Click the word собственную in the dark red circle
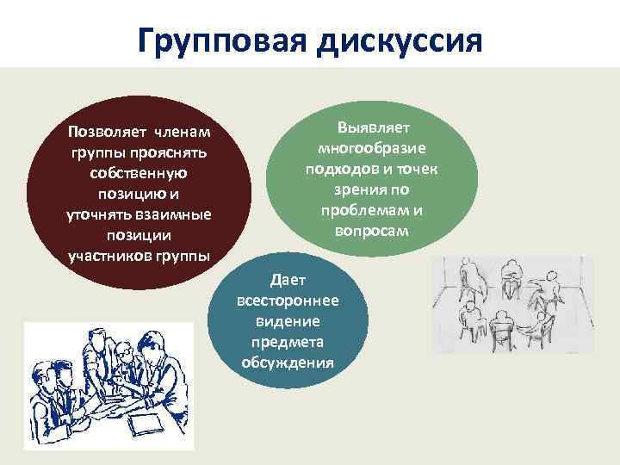pyautogui.click(x=139, y=173)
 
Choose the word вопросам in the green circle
pyautogui.click(x=371, y=232)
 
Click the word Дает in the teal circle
pyautogui.click(x=287, y=280)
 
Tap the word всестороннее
pyautogui.click(x=287, y=301)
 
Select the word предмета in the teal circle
pyautogui.click(x=287, y=341)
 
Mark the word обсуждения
pyautogui.click(x=287, y=362)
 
